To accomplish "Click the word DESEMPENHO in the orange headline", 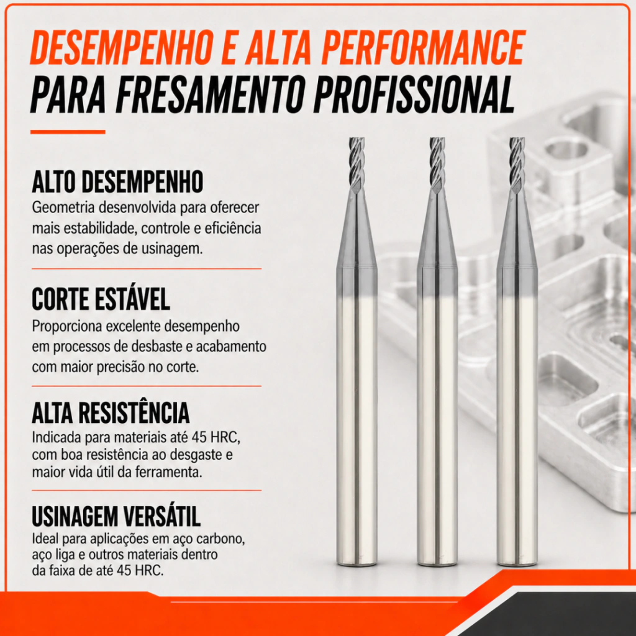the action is pyautogui.click(x=122, y=47).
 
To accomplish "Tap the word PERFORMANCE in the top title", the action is pyautogui.click(x=424, y=47).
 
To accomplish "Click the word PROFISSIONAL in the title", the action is pyautogui.click(x=414, y=94).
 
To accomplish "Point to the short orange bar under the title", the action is pyautogui.click(x=68, y=132).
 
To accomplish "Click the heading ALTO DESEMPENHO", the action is pyautogui.click(x=117, y=182).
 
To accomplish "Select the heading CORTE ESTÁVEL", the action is pyautogui.click(x=101, y=299).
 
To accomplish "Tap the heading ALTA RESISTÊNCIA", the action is pyautogui.click(x=111, y=413).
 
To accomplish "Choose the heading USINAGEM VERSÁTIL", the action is pyautogui.click(x=116, y=516).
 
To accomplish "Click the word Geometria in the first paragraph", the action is pyautogui.click(x=63, y=207).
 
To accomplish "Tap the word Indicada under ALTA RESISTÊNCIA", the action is pyautogui.click(x=57, y=438).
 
